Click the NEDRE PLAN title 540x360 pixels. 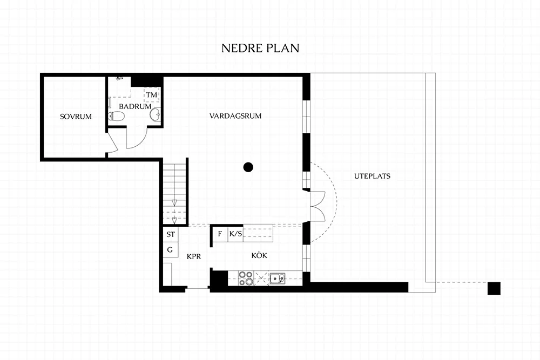tap(260, 48)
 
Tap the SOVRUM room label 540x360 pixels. tap(76, 117)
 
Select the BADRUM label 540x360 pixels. tap(135, 106)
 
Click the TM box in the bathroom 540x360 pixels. tap(152, 94)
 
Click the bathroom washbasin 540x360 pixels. tap(156, 114)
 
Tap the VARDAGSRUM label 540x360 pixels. tap(235, 116)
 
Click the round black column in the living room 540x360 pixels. tap(248, 167)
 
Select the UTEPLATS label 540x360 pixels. tap(372, 176)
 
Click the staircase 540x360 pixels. tap(174, 193)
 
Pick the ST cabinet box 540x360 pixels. tap(171, 234)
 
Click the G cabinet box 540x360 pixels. tap(171, 250)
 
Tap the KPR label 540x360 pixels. tap(194, 256)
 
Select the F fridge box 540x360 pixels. tap(220, 234)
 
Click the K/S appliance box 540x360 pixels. tap(235, 234)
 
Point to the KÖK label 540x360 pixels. tap(259, 255)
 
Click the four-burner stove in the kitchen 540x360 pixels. tap(246, 278)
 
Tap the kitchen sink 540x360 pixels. tap(277, 278)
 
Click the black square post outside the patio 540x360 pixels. tap(494, 288)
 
